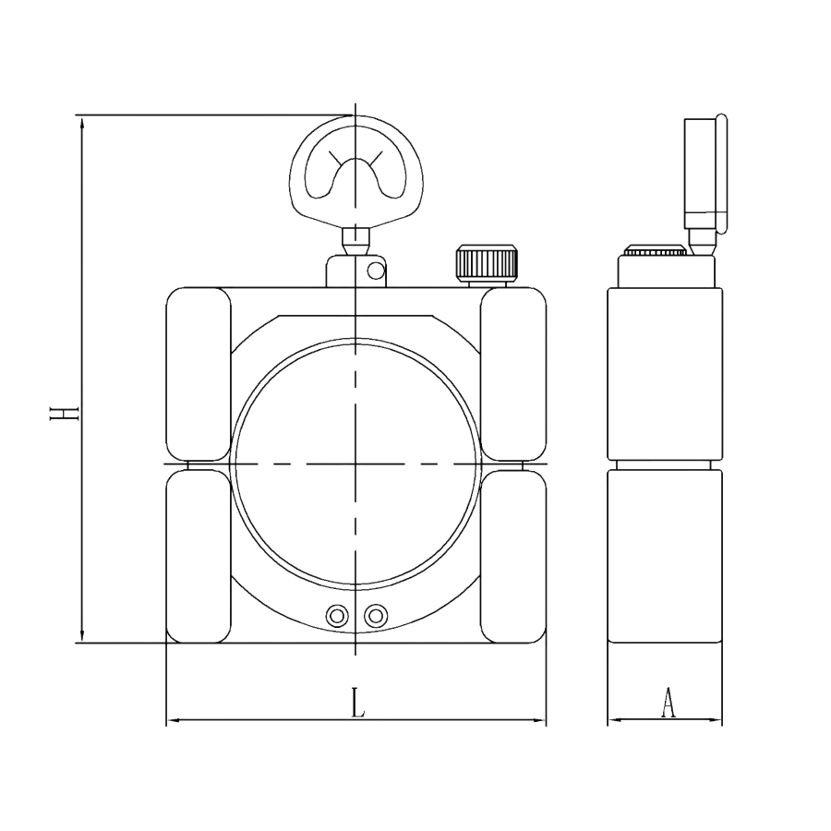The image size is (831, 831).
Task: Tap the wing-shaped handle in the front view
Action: pyautogui.click(x=356, y=172)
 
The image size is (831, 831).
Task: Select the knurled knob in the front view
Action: pyautogui.click(x=485, y=263)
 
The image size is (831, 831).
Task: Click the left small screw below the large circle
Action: pyautogui.click(x=339, y=615)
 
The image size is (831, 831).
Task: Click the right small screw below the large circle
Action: pyautogui.click(x=375, y=615)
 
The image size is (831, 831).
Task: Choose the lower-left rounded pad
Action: pyautogui.click(x=198, y=556)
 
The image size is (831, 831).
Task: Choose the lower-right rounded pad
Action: pyautogui.click(x=514, y=556)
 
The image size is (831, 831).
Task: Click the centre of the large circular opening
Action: pyautogui.click(x=356, y=462)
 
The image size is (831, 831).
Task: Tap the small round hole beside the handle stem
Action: pyautogui.click(x=373, y=271)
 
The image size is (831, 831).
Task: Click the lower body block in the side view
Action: pyautogui.click(x=665, y=555)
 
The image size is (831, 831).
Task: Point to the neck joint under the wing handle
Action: pyautogui.click(x=355, y=242)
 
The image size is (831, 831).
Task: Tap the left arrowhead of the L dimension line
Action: pyautogui.click(x=171, y=719)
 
